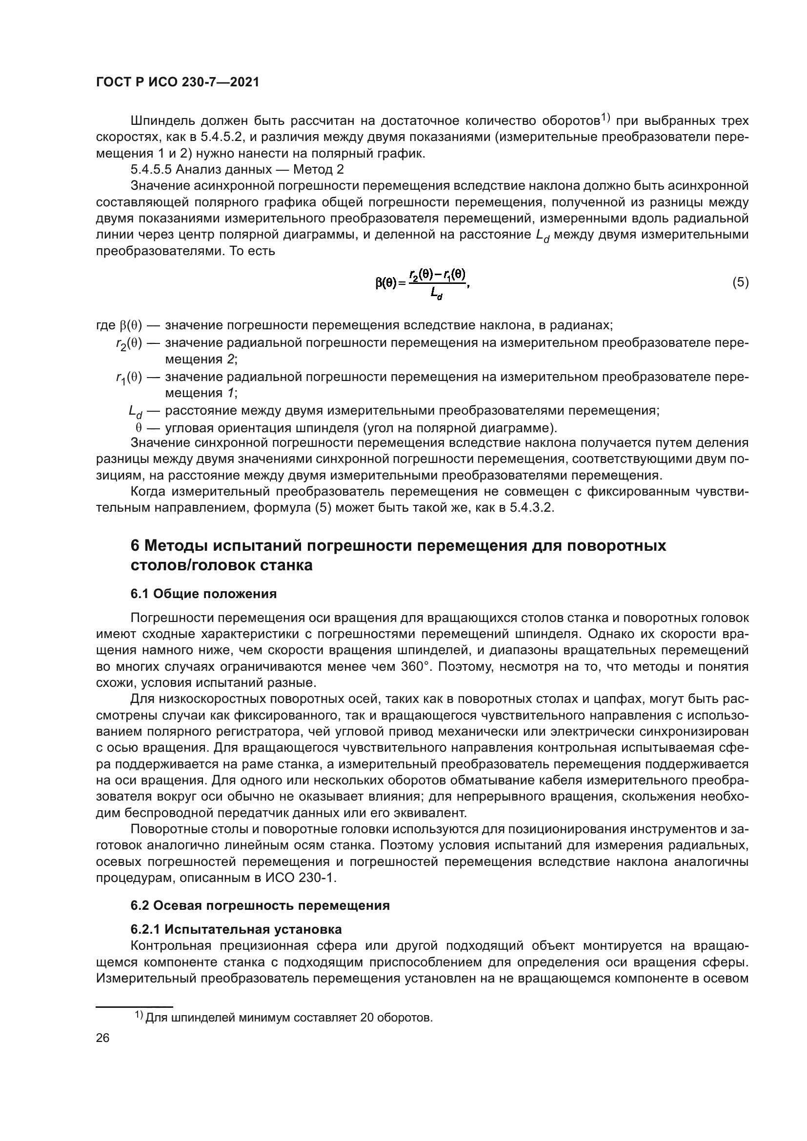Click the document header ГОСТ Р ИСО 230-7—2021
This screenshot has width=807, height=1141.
coord(178,82)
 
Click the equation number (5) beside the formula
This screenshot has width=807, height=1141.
coord(740,283)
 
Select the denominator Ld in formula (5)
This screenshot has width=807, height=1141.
coord(437,295)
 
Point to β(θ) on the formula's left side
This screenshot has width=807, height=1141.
coord(386,283)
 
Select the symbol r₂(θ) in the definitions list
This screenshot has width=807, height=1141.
coord(129,344)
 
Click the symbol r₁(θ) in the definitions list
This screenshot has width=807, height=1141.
coord(129,378)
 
